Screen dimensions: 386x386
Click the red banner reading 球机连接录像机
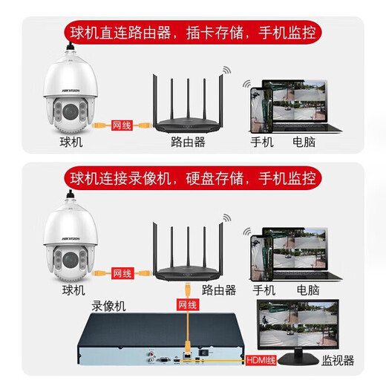click(x=193, y=178)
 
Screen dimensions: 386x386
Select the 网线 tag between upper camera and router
click(x=120, y=126)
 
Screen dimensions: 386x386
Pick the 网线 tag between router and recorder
click(x=187, y=304)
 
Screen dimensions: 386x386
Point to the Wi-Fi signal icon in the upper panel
click(x=223, y=74)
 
